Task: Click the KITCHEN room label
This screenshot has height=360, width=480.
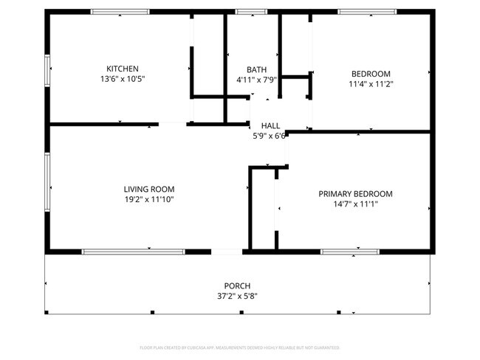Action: [x=123, y=69]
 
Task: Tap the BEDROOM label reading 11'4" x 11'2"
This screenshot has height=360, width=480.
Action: [x=371, y=74]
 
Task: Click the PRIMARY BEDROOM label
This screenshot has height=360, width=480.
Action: [x=355, y=194]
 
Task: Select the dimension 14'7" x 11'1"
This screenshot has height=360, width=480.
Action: [x=355, y=204]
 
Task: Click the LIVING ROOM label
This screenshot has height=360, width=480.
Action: [x=148, y=189]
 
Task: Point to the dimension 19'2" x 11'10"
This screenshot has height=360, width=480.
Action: [x=148, y=199]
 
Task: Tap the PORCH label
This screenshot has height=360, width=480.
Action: [x=237, y=285]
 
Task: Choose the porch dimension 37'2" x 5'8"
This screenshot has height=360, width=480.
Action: [x=237, y=296]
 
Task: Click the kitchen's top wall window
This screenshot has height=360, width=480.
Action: [x=120, y=12]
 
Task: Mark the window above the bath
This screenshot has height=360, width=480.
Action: [x=251, y=12]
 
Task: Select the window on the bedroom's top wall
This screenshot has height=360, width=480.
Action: [x=367, y=12]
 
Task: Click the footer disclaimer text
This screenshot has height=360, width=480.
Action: [x=239, y=347]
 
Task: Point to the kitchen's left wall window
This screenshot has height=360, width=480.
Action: [x=47, y=69]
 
